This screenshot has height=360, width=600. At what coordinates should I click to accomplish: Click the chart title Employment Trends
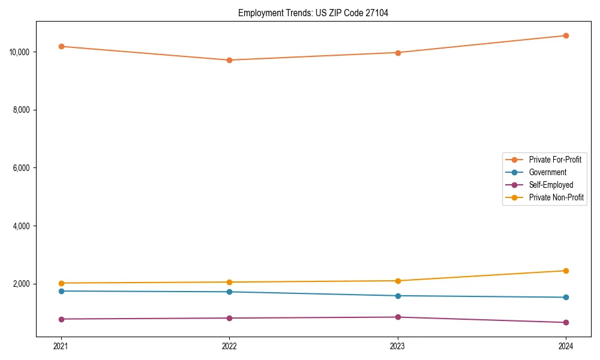coord(313,13)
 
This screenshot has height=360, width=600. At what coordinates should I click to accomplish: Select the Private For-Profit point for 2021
coord(61,46)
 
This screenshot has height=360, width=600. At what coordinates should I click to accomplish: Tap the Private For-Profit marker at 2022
coord(229,60)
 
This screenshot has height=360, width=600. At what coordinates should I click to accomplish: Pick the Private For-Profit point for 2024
coord(566,35)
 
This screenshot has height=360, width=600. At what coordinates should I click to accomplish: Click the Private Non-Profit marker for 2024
coord(566,271)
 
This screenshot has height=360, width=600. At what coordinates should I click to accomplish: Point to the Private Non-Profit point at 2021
coord(61,283)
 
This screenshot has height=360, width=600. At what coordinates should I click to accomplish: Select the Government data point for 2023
coord(398,296)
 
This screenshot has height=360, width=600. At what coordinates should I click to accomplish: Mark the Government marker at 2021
coord(61,291)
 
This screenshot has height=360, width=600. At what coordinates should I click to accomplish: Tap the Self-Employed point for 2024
coord(566,323)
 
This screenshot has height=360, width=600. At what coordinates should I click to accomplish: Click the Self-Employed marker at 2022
coord(229,318)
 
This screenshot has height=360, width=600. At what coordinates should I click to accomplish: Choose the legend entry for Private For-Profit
coord(555,160)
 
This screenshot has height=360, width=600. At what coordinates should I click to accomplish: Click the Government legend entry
coord(547,172)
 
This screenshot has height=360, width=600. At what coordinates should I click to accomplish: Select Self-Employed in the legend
coord(551,185)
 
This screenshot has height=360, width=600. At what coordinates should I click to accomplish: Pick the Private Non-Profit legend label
coord(556,197)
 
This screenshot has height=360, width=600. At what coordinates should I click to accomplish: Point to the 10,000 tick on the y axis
coord(20,52)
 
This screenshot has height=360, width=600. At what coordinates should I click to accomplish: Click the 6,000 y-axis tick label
coord(23,168)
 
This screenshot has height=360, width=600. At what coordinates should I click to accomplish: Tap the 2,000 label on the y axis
coord(23,284)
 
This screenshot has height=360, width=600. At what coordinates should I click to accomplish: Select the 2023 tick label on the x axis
coord(398,346)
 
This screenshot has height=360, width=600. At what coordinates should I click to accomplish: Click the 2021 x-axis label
coord(61,346)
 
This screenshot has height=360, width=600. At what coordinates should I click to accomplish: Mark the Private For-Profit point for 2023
coord(398,53)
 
